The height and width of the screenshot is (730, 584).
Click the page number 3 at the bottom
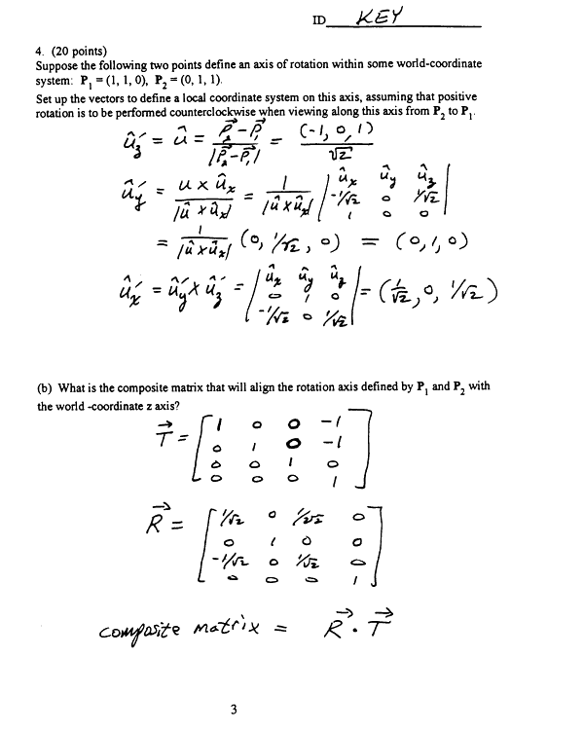coord(234,708)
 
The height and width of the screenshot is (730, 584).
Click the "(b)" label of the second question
coord(45,386)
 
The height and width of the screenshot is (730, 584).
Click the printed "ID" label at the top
coord(319,20)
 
